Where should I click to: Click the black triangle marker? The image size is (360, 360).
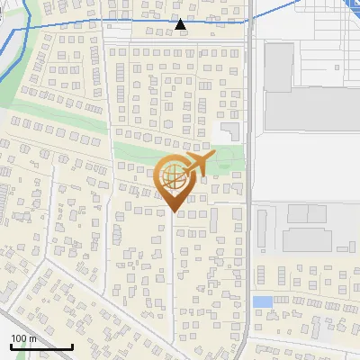tap(181, 24)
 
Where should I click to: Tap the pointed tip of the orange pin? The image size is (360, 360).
tap(173, 212)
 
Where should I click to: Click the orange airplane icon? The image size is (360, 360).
tap(197, 165)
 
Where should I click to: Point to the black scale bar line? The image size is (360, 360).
tap(41, 346)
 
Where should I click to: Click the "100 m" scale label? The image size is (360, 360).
tap(23, 338)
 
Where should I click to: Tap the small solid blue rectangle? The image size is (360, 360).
tap(262, 301)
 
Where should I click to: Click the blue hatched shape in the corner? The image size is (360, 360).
tap(352, 4)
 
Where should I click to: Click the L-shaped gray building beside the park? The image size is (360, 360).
tap(231, 131)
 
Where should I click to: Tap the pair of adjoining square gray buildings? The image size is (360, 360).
tap(306, 213)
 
